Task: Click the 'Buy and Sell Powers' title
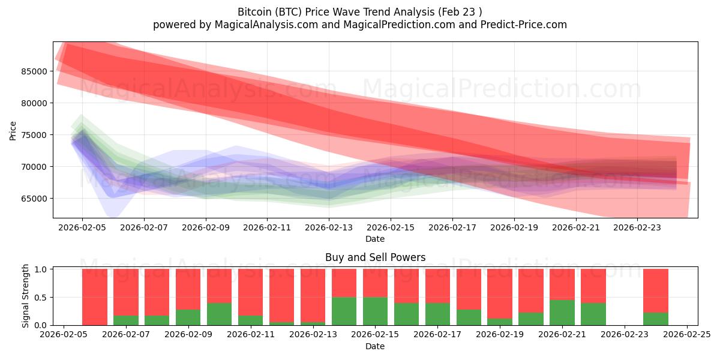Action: tap(375, 257)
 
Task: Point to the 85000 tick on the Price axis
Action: tap(34, 71)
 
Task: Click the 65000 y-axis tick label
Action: tap(34, 199)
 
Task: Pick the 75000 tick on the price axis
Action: tap(34, 135)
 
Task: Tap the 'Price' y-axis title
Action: tap(13, 130)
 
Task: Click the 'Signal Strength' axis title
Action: tap(25, 296)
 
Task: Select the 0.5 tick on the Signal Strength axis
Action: tap(41, 298)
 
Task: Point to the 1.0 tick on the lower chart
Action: tap(41, 269)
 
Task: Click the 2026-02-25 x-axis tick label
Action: tap(687, 335)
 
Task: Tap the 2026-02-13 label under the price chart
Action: tap(329, 228)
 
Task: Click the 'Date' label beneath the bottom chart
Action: tap(375, 346)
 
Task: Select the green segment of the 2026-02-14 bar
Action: tap(344, 311)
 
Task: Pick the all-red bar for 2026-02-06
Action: tap(95, 297)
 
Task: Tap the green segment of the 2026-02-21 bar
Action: tap(562, 313)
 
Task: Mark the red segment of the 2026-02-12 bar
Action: tap(282, 295)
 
